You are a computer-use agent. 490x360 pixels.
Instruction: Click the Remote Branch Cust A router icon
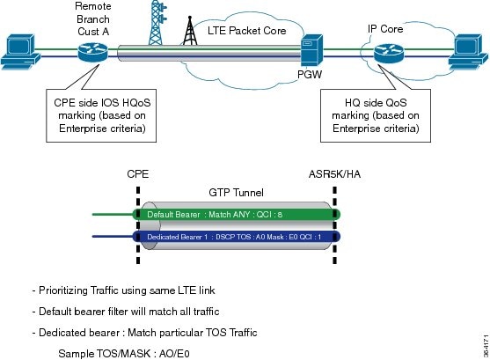pyautogui.click(x=93, y=52)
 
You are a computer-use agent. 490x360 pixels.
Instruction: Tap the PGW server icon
pyautogui.click(x=311, y=50)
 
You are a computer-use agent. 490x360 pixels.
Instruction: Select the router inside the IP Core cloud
pyautogui.click(x=389, y=53)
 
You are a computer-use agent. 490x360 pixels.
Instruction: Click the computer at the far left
pyautogui.click(x=20, y=52)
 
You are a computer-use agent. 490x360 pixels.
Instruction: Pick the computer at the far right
pyautogui.click(x=468, y=52)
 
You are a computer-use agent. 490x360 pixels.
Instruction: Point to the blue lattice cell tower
pyautogui.click(x=157, y=23)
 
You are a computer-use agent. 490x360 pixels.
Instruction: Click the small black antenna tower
pyautogui.click(x=190, y=31)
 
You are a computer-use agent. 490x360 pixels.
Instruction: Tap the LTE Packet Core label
pyautogui.click(x=247, y=31)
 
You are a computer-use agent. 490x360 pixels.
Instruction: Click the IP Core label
pyautogui.click(x=385, y=29)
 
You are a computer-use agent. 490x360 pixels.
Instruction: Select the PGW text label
pyautogui.click(x=310, y=75)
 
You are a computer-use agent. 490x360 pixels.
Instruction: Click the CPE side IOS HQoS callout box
pyautogui.click(x=101, y=115)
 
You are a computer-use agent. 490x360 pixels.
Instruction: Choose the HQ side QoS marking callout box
pyautogui.click(x=376, y=115)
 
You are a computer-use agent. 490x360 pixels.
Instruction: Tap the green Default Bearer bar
pyautogui.click(x=237, y=215)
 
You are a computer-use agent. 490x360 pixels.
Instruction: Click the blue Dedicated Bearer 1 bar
pyautogui.click(x=237, y=237)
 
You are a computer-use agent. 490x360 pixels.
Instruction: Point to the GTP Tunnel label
pyautogui.click(x=237, y=193)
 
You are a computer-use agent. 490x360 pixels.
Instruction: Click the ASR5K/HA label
pyautogui.click(x=334, y=174)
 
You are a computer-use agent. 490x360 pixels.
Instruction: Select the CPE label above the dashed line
pyautogui.click(x=138, y=174)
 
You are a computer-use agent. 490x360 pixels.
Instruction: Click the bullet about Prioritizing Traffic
pyautogui.click(x=124, y=290)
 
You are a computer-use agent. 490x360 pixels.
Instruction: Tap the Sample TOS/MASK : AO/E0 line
pyautogui.click(x=124, y=354)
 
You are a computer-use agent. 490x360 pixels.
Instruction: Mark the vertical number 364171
pyautogui.click(x=486, y=346)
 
